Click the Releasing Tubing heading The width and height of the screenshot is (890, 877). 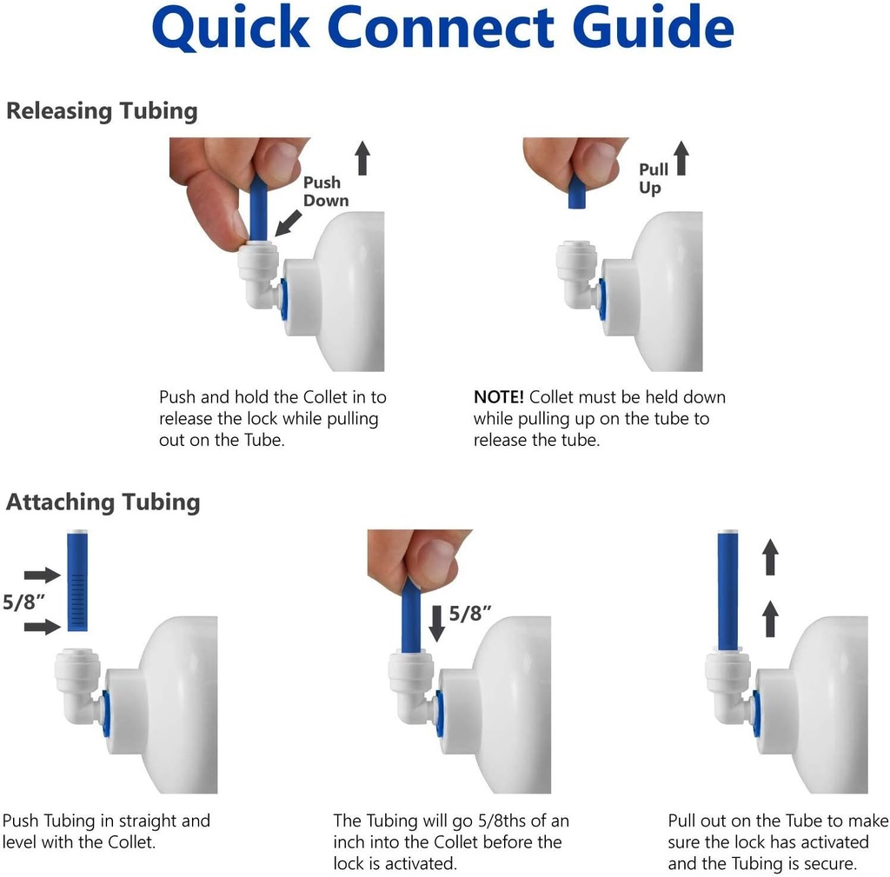[102, 111]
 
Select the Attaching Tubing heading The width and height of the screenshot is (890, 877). [103, 502]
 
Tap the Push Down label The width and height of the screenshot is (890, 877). [325, 191]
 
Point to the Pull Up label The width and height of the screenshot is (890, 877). [653, 178]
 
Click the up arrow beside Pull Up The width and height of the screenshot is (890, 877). [681, 159]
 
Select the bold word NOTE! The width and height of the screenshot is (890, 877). [498, 397]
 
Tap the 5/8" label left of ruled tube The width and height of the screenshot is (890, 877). [24, 601]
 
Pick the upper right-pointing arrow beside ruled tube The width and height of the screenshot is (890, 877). [40, 575]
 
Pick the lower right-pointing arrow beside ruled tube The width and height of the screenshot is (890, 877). [40, 627]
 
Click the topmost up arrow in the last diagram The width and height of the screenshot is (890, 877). [770, 556]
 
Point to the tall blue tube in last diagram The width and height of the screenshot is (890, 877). [727, 591]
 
